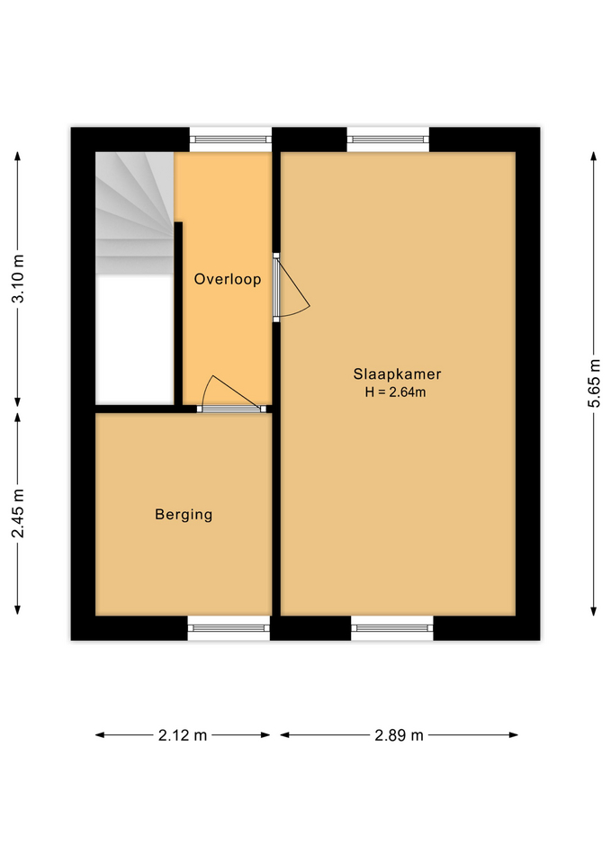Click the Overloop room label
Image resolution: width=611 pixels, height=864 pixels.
228,279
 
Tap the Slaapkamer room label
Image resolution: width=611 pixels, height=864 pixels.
397,374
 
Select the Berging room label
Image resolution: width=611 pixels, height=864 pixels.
184,515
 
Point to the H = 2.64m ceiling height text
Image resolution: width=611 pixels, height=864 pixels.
397,391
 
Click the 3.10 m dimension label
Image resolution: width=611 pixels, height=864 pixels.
19,280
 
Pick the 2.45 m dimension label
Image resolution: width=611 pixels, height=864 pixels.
19,514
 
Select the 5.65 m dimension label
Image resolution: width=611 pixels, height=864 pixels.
593,383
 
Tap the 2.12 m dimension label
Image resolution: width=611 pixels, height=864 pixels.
183,735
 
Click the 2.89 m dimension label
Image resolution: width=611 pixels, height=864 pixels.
399,735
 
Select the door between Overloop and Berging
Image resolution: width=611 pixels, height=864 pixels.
232,409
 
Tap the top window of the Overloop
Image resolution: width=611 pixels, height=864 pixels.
230,139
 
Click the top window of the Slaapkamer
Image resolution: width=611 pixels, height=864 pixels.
388,139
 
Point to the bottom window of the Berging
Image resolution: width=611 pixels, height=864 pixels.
229,628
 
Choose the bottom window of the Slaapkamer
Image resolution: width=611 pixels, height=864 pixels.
391,628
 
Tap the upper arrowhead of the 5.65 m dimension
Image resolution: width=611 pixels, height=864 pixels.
593,157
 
